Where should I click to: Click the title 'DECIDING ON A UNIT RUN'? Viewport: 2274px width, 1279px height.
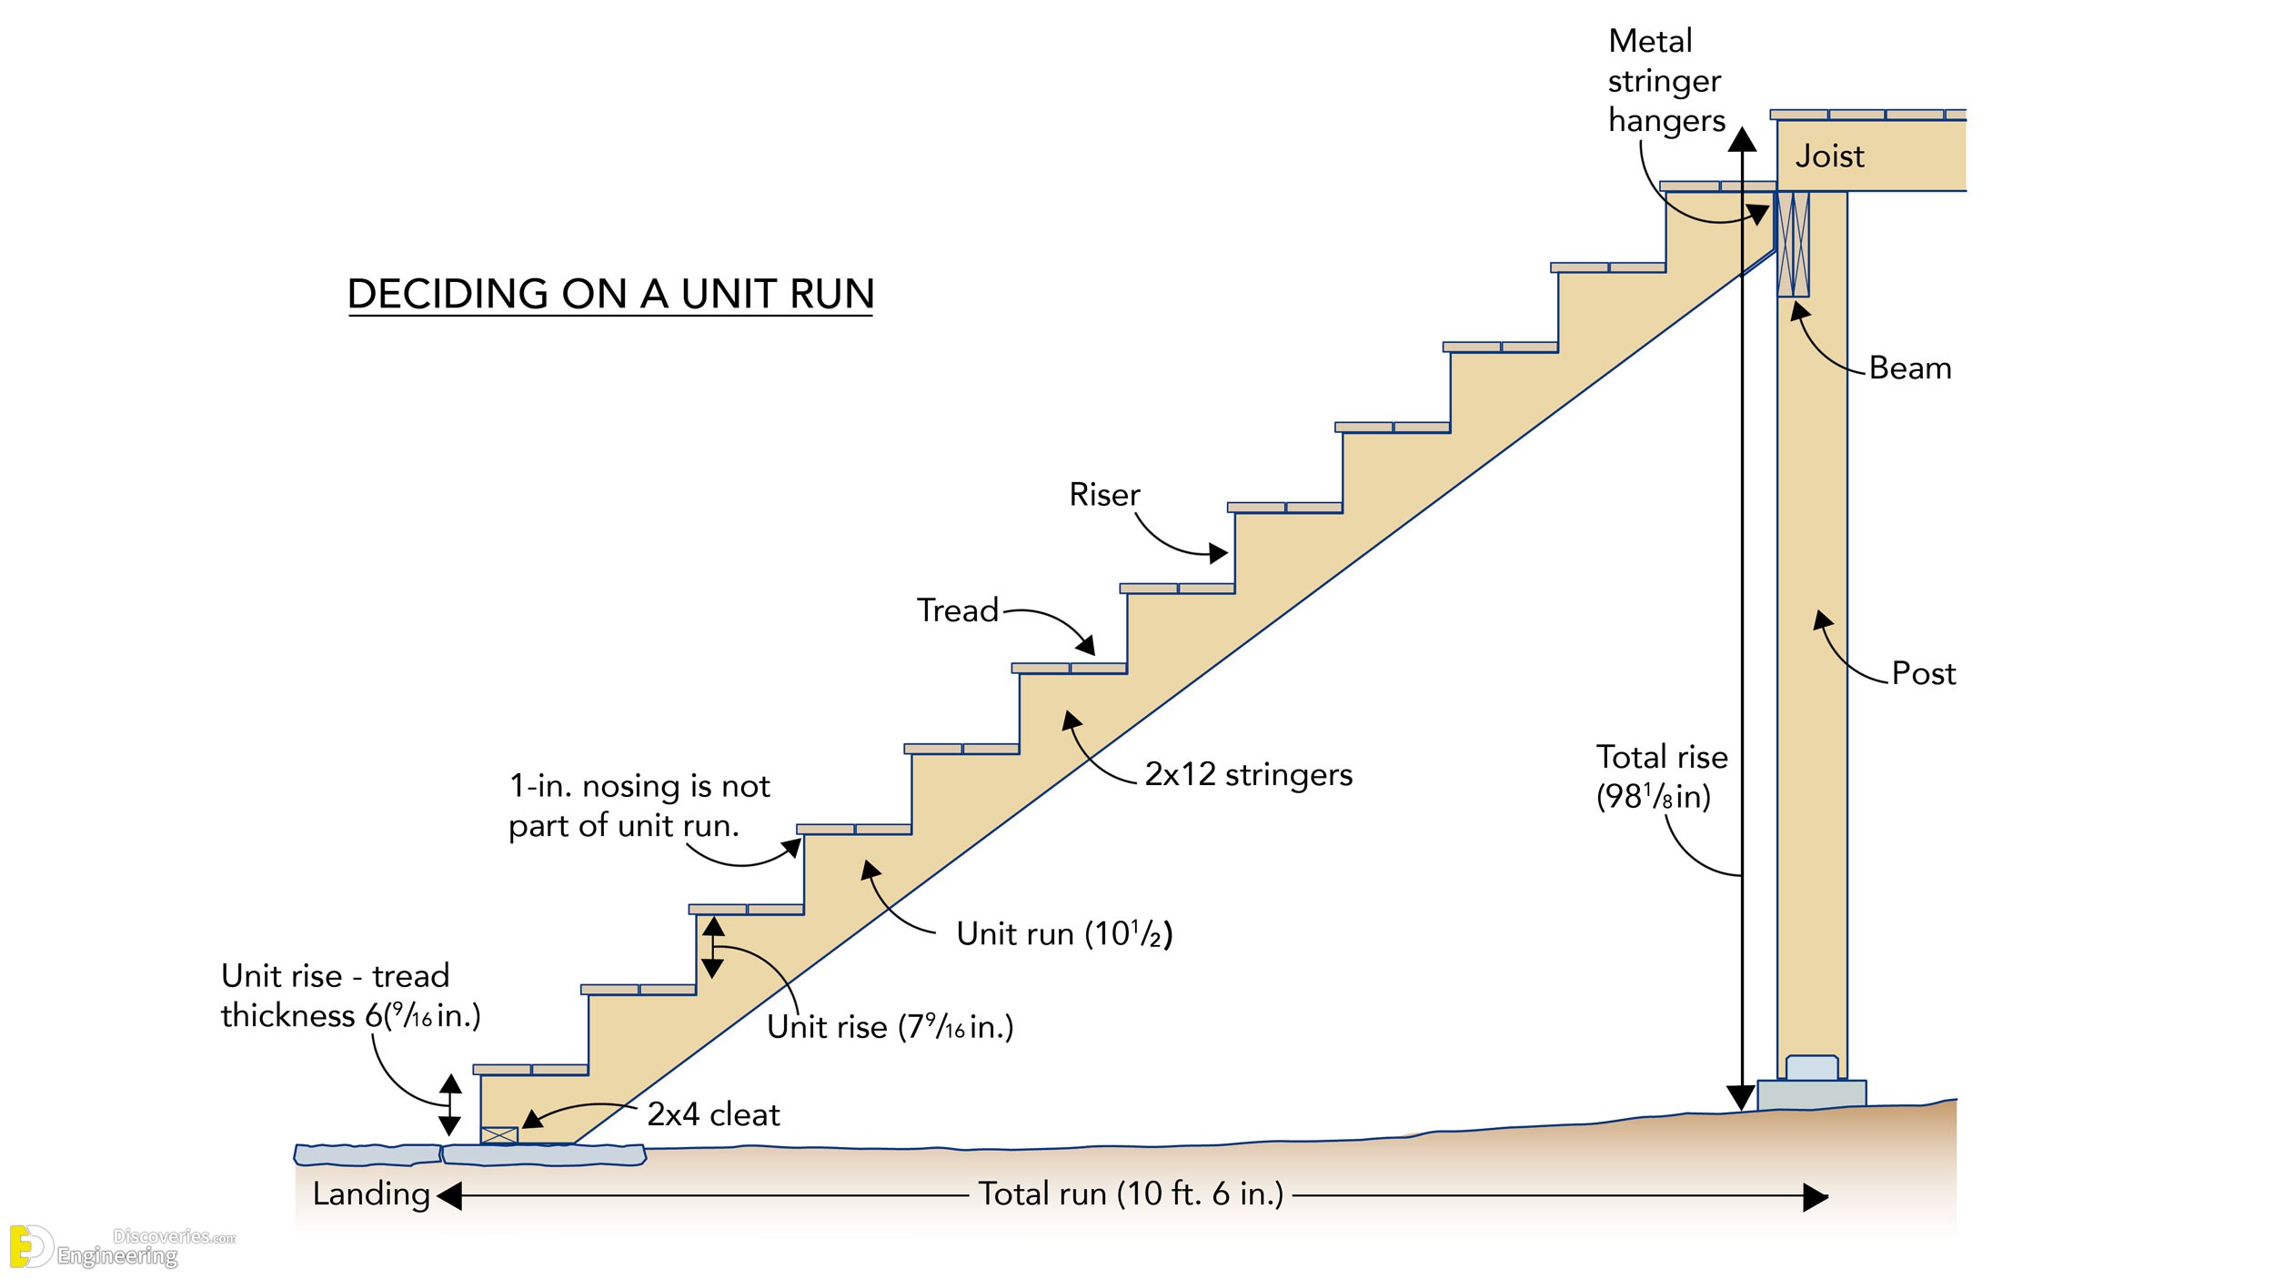point(610,294)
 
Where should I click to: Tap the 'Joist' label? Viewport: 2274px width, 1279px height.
point(1829,156)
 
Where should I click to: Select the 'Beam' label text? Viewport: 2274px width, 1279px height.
point(1910,368)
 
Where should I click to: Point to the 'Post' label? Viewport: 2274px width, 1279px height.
point(1923,673)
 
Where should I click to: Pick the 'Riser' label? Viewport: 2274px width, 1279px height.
point(1104,495)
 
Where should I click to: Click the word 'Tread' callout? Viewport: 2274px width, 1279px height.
point(957,610)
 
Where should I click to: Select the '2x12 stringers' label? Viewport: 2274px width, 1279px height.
point(1248,774)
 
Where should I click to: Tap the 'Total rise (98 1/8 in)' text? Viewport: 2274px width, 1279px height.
point(1661,777)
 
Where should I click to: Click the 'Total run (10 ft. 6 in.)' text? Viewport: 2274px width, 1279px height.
point(1131,1193)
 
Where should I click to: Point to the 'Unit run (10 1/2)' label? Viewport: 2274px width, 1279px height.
point(1064,933)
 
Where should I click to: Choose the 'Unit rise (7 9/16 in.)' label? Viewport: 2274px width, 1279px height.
point(890,1027)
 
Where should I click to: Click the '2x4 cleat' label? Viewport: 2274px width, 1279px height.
point(713,1114)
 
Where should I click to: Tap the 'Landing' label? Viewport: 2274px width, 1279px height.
point(371,1193)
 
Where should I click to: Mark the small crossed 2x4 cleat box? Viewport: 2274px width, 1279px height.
point(499,1135)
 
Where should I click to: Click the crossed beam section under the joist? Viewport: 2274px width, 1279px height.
point(1793,244)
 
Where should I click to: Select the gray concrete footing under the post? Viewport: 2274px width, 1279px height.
point(1811,1094)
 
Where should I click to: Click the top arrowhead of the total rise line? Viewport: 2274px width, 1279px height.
point(1742,139)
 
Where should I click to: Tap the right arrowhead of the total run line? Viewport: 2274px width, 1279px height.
point(1815,1197)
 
